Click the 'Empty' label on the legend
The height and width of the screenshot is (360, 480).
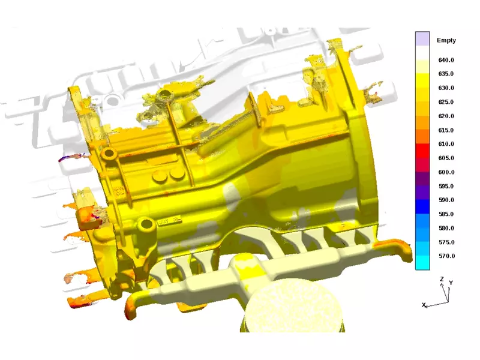[x=446, y=40]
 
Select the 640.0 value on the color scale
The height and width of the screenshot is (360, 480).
[x=446, y=60]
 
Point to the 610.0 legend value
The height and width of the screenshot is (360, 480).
[x=446, y=144]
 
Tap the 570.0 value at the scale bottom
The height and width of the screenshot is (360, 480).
[x=446, y=256]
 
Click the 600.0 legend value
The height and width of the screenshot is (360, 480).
[x=446, y=172]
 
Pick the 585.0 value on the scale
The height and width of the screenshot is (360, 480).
[x=446, y=214]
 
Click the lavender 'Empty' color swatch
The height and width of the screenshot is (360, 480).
[x=422, y=39]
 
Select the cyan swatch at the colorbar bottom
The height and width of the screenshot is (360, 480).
[x=422, y=263]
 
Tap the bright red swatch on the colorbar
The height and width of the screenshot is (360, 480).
[x=422, y=151]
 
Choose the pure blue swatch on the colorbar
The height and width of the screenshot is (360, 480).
[x=422, y=206]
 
